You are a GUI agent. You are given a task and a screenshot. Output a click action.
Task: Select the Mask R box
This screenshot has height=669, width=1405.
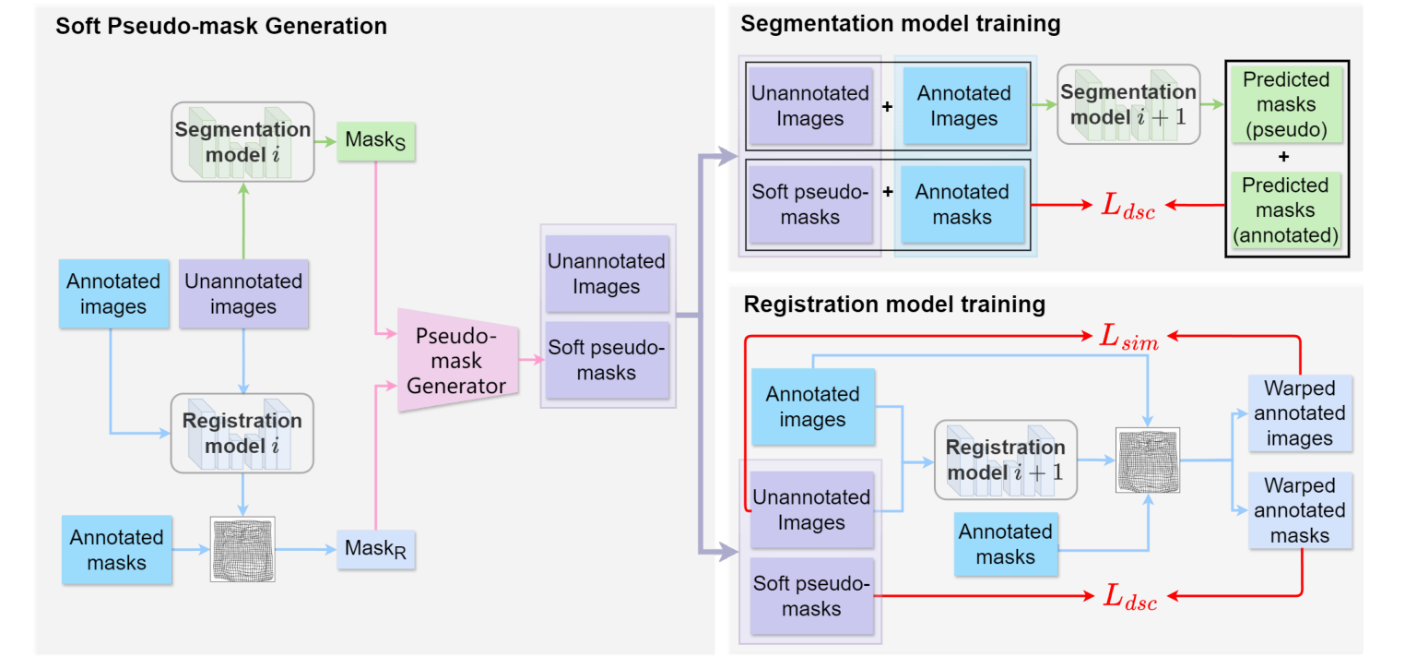click(375, 549)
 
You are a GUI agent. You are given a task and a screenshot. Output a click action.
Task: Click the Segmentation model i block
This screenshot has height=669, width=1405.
click(243, 141)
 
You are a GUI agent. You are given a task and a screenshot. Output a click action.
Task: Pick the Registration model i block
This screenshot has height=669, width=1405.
click(242, 434)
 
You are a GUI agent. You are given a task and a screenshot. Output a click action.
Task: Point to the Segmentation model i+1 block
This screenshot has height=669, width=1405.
click(1128, 104)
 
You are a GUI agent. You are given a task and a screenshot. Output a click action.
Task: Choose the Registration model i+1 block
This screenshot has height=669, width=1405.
click(1005, 460)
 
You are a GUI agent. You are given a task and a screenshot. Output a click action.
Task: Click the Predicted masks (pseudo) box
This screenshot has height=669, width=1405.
click(1285, 104)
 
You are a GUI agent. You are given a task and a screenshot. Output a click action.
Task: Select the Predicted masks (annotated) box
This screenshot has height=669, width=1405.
click(1285, 210)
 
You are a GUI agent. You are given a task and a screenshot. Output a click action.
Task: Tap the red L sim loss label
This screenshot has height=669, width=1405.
click(1129, 338)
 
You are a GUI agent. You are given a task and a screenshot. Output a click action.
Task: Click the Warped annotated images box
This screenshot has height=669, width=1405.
click(1299, 412)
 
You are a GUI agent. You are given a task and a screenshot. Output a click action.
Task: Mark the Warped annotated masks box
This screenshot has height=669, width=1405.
click(1299, 510)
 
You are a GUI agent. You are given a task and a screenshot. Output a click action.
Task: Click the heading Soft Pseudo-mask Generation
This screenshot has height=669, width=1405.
click(221, 26)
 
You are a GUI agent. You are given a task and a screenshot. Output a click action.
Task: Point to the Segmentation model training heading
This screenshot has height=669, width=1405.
click(900, 24)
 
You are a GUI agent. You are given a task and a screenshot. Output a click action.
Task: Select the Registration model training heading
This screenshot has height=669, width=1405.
click(894, 304)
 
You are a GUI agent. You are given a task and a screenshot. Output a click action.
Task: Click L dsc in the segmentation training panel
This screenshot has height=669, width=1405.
click(1128, 206)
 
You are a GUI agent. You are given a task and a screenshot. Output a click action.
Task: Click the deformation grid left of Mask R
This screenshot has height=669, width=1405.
click(243, 549)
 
